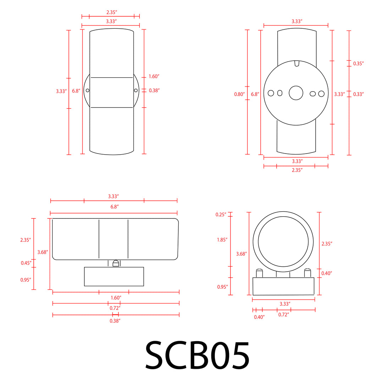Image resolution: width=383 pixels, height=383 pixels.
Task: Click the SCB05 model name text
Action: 197,356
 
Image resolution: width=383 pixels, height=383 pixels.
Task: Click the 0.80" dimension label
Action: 239,94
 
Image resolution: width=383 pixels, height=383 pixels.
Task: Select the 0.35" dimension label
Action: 359,64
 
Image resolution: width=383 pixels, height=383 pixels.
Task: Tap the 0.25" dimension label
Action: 221,215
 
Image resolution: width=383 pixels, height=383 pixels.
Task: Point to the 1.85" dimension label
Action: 222,240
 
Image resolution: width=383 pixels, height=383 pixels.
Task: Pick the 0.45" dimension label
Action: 26,263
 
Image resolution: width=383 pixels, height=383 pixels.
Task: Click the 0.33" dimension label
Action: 359,94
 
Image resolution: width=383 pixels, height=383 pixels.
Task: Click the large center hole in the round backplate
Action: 296,93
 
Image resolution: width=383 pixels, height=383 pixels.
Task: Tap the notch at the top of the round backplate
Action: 297,63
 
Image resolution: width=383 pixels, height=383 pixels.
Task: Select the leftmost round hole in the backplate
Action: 271,93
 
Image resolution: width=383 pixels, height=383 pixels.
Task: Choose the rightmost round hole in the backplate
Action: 321,94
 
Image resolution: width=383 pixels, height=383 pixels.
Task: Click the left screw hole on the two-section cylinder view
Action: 88,90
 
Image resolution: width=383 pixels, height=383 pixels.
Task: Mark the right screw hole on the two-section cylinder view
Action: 136,90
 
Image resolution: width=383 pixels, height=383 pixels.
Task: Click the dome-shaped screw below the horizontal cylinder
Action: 116,263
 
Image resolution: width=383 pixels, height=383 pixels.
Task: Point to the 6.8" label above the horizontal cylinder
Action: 113,206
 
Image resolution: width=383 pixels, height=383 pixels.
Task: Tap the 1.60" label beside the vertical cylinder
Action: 154,77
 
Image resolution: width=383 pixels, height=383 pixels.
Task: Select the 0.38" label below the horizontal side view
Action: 115,321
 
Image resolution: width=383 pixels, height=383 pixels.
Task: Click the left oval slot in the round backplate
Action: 280,93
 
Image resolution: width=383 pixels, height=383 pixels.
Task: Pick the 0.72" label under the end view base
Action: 283,315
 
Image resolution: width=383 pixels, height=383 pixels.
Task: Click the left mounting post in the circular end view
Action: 259,273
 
